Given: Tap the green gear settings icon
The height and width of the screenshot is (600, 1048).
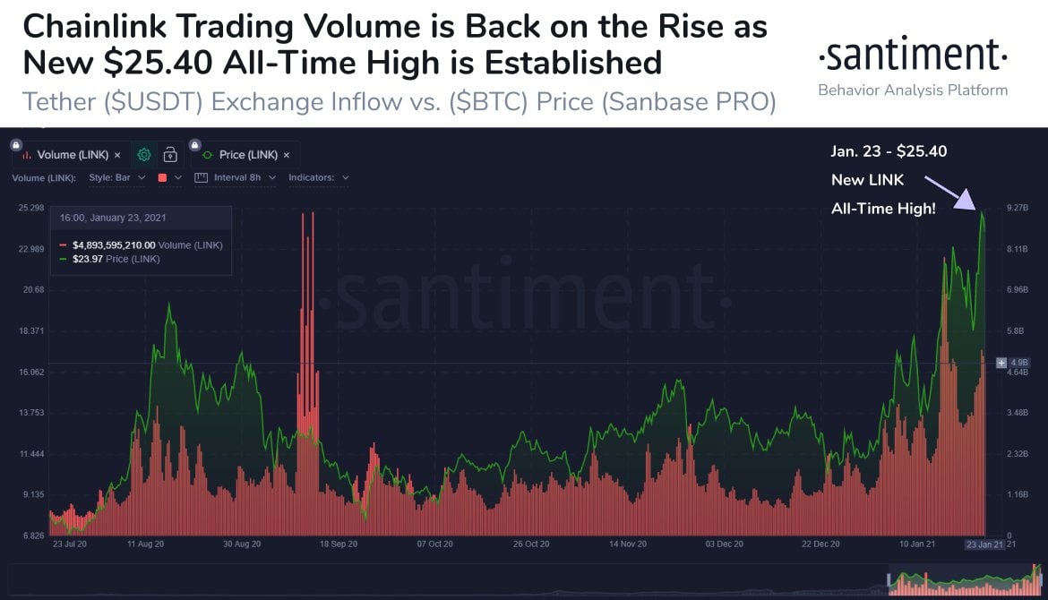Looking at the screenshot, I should tap(143, 155).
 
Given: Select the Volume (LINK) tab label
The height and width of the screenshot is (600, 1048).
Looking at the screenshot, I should tap(73, 155).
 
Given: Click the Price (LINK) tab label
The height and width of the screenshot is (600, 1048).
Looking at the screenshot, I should tap(248, 155).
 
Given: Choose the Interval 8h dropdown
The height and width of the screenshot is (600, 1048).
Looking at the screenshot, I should tap(236, 177).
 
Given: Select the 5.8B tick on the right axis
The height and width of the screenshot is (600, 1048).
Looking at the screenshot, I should tap(1015, 331).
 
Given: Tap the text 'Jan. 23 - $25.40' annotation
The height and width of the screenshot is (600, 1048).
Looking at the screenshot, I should tap(889, 151).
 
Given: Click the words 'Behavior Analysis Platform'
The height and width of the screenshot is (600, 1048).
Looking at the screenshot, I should tap(913, 90).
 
